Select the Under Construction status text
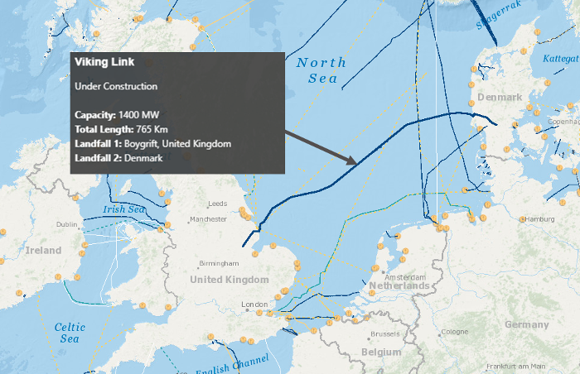(116, 86)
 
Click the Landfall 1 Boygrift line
(152, 144)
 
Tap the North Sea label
(321, 70)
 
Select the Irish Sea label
(124, 209)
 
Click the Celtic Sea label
(70, 333)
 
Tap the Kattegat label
(560, 59)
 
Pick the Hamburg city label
(539, 219)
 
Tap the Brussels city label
(385, 333)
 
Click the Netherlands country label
(399, 286)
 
